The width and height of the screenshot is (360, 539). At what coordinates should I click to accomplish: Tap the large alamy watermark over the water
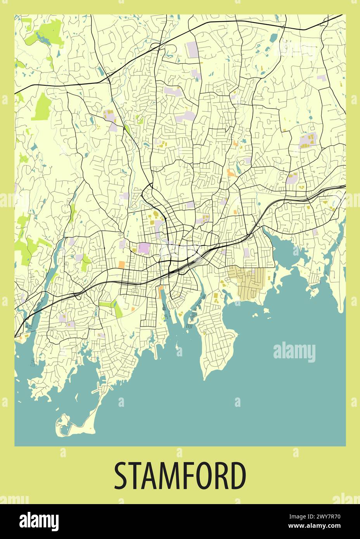[x=294, y=352]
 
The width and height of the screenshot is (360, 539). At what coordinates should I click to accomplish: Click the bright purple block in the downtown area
[x=143, y=248]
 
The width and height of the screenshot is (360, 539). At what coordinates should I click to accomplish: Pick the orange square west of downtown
[x=122, y=264]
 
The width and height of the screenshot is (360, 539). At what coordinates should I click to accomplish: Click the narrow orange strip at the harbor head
[x=161, y=292]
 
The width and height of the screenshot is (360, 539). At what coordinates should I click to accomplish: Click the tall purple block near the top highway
[x=192, y=49]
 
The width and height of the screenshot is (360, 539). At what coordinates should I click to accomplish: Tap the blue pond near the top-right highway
[x=274, y=38]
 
